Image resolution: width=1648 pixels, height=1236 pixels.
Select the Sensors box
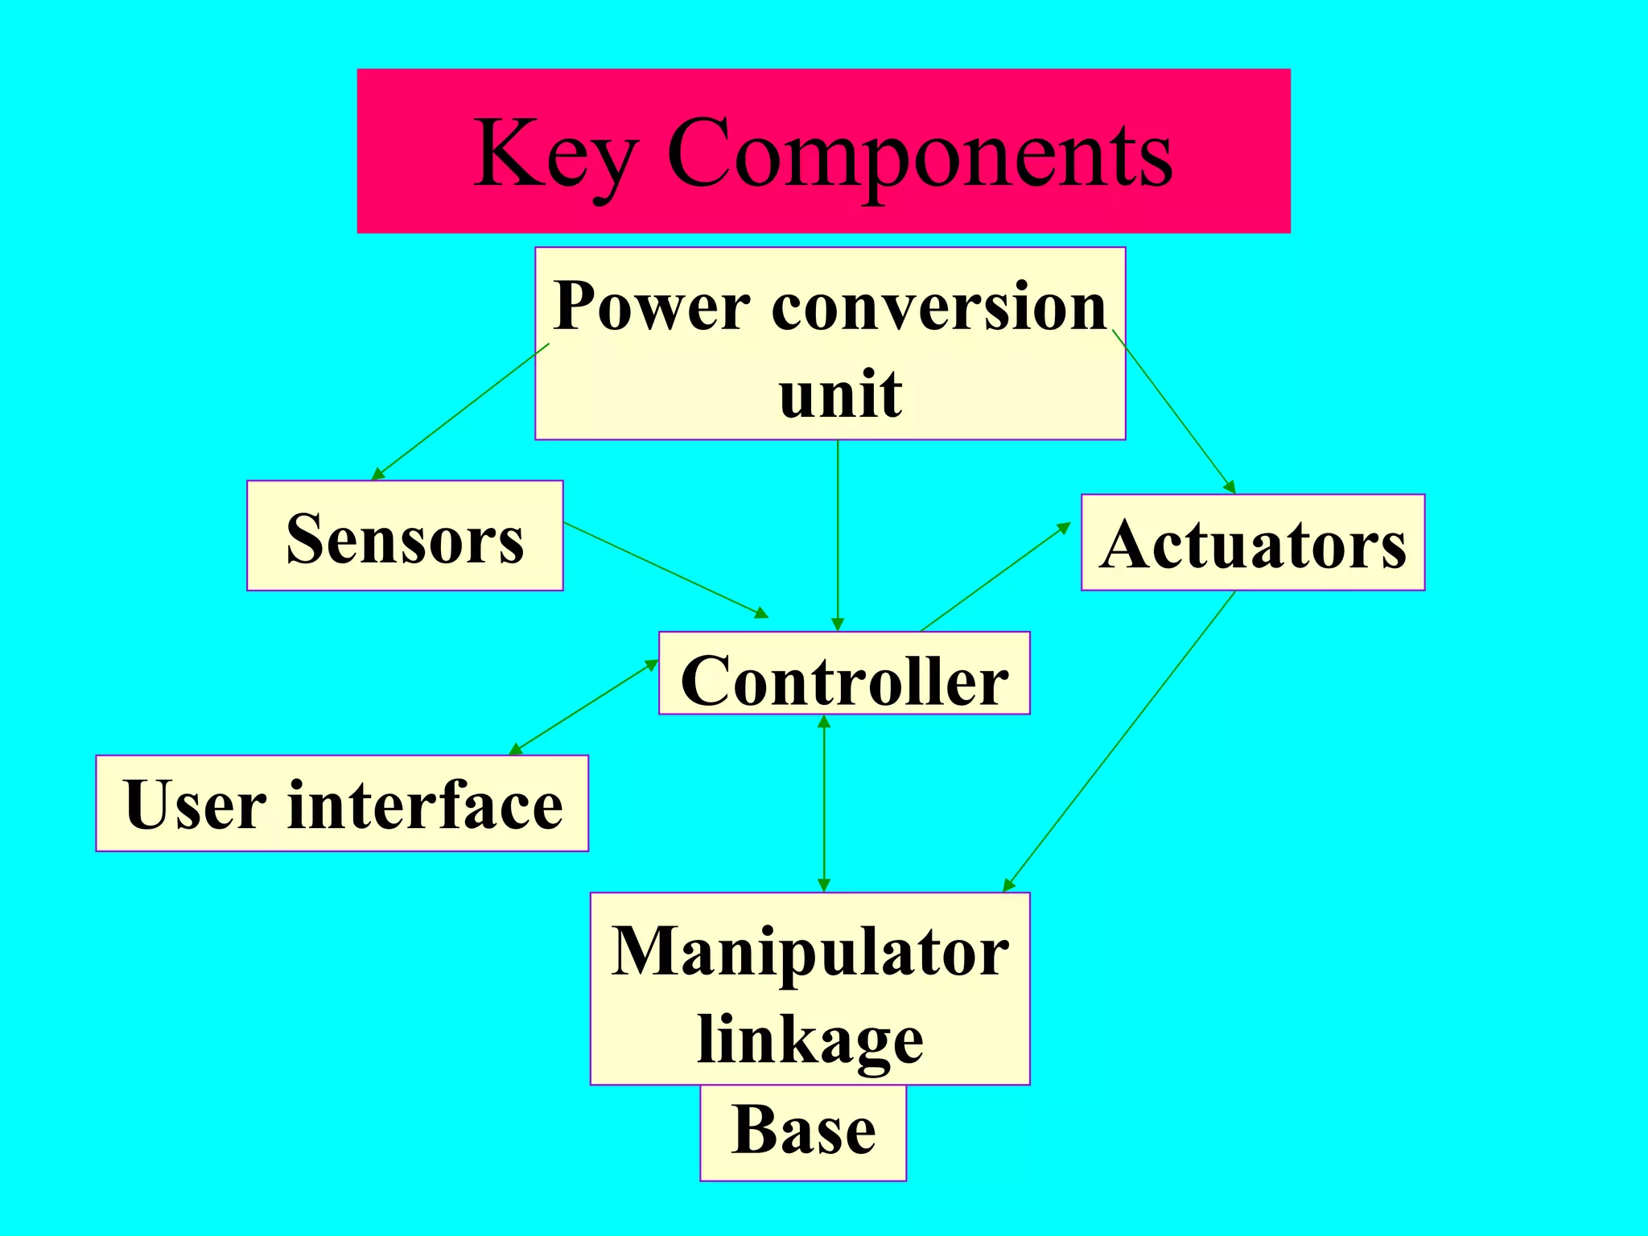coord(405,537)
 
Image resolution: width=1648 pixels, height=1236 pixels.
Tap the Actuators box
coord(1253,543)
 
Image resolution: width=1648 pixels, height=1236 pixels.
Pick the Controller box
coord(844,674)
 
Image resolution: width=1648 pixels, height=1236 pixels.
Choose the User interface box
coord(343,803)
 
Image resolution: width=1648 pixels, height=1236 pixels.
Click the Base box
coord(803,1131)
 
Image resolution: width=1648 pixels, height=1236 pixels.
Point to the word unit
coord(840,394)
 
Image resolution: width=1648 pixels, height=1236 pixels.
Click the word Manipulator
coord(810,951)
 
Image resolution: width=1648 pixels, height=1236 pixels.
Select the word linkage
coord(810,1039)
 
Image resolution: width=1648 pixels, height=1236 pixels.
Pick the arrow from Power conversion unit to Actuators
coord(1173,410)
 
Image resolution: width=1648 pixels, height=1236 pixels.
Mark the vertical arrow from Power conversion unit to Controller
coord(838,535)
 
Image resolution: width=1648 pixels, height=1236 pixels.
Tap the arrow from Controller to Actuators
coord(995,577)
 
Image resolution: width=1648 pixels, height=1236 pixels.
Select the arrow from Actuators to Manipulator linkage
coord(1119,741)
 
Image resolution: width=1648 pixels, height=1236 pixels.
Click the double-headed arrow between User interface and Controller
coord(584,707)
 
